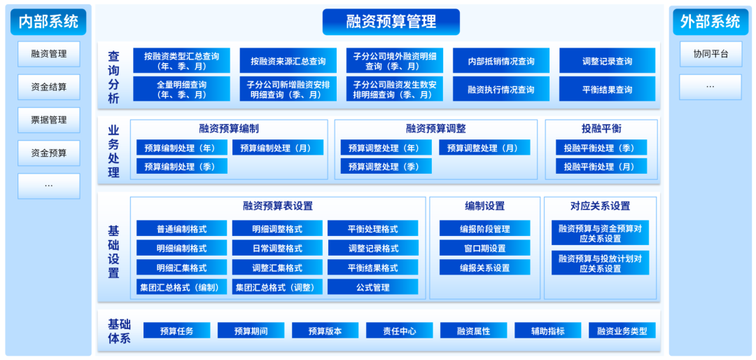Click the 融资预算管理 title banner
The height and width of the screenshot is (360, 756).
(391, 22)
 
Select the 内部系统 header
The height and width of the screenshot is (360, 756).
(48, 22)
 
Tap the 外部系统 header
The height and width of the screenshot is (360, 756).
(710, 22)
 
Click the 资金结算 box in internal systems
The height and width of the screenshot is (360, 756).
(49, 87)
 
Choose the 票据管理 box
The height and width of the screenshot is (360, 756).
(49, 120)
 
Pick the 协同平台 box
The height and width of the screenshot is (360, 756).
(710, 54)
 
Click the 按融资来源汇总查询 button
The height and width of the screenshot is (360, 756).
(288, 61)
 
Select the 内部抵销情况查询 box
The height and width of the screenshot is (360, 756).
(501, 61)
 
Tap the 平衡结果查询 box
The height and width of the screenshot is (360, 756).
(607, 90)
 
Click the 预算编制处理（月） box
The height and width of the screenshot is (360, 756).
(278, 148)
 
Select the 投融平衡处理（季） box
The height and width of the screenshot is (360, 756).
(601, 148)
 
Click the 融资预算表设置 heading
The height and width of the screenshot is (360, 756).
(278, 206)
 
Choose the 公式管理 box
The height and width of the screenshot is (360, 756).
(372, 287)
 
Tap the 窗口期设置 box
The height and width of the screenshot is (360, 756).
(484, 248)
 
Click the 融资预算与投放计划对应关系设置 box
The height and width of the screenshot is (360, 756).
(600, 263)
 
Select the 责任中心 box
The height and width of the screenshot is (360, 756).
(400, 331)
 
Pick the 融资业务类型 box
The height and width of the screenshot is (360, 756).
(622, 331)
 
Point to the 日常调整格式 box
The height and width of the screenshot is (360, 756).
(278, 248)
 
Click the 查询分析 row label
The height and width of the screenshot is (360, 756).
(113, 77)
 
